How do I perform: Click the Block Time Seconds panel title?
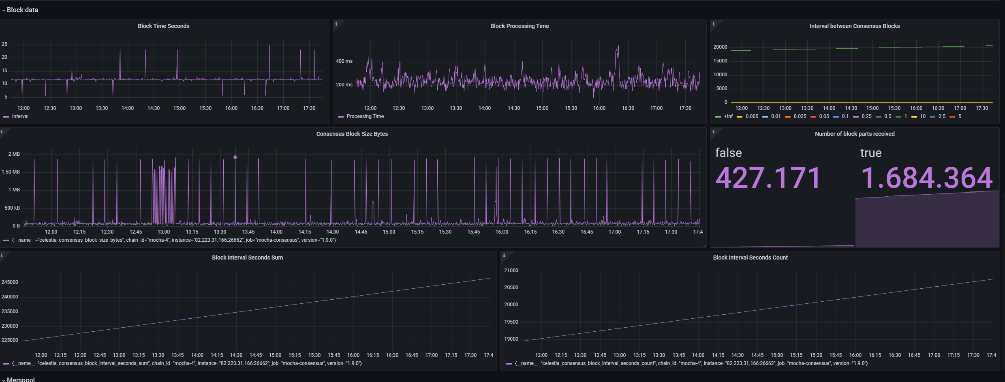point(164,26)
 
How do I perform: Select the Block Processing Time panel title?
point(520,26)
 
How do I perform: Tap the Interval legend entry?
point(20,116)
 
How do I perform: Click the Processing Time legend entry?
point(365,116)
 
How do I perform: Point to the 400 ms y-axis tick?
point(344,61)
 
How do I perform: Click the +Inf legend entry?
point(728,116)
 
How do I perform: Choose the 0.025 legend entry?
point(800,116)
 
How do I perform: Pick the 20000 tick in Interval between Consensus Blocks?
point(720,47)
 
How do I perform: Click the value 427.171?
point(768,178)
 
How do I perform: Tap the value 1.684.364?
point(926,178)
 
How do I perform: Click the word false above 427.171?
point(728,152)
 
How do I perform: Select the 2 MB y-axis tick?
point(14,154)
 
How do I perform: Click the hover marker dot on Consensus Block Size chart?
point(235,157)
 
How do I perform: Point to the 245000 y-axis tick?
point(10,282)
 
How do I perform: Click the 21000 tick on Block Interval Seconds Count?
point(511,270)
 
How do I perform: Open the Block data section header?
point(22,10)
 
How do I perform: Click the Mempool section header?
point(21,380)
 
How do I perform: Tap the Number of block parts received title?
point(855,134)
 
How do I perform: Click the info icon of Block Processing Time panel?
point(336,24)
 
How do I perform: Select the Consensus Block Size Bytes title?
point(352,134)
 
